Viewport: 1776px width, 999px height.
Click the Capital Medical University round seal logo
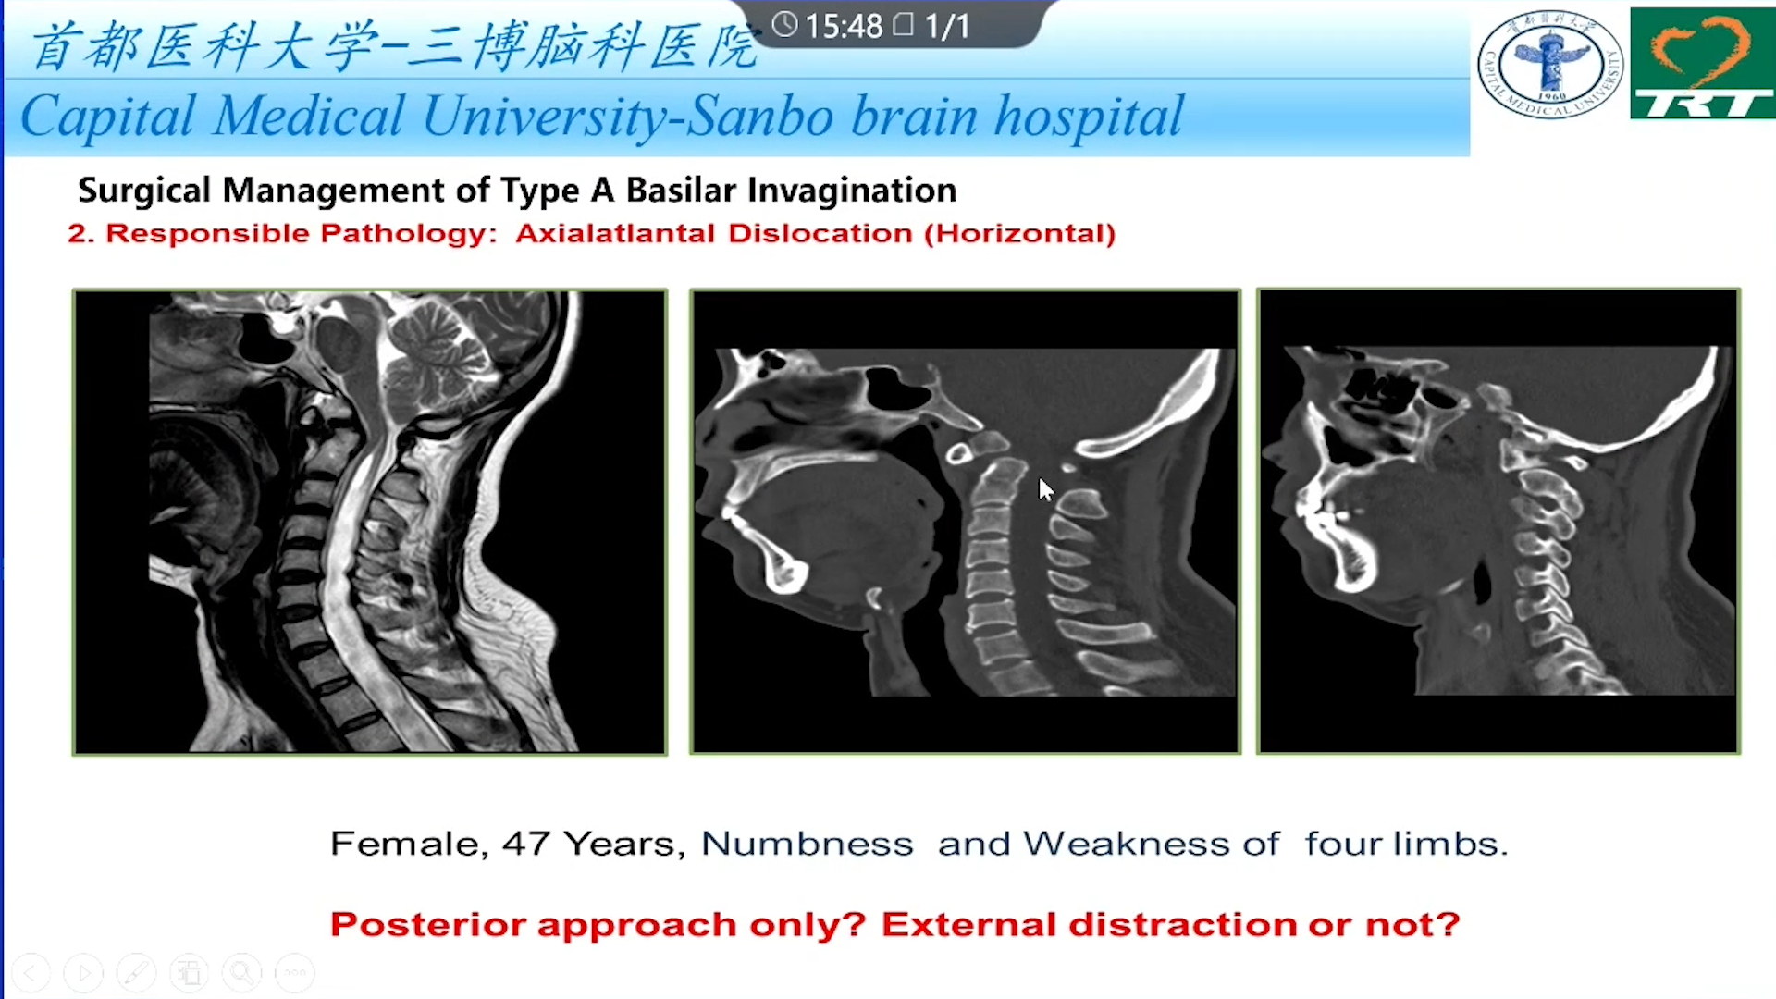(1549, 65)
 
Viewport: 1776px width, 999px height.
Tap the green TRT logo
(1702, 63)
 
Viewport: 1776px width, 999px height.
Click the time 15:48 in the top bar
(844, 26)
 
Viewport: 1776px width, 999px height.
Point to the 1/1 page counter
(947, 26)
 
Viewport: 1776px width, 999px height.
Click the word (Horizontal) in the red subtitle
(1019, 233)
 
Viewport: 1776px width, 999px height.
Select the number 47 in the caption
(527, 844)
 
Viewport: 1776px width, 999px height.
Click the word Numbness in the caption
(807, 844)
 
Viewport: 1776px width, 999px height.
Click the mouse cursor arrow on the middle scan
(1045, 490)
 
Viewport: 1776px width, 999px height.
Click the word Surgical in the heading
(145, 191)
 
